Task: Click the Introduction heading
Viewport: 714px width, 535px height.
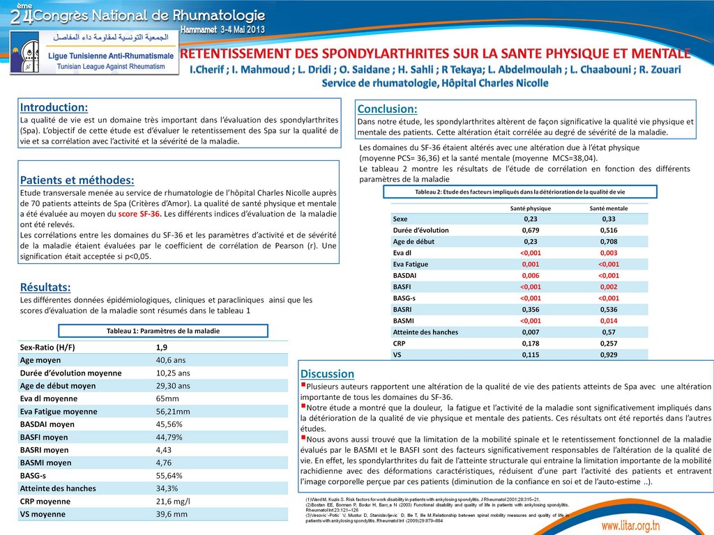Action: pos(54,107)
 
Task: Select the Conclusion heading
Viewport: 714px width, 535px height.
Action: pos(387,109)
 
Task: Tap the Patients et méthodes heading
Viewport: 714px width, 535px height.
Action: pos(77,180)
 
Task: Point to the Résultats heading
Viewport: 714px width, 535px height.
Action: pos(45,287)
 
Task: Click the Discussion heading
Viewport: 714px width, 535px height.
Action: pos(328,374)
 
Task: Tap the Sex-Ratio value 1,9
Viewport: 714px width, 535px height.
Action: pos(162,347)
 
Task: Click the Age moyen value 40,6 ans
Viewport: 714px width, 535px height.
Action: pos(171,360)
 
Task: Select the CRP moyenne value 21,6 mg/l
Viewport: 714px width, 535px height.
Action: pos(176,502)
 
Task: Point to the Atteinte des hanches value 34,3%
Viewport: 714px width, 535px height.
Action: pos(167,488)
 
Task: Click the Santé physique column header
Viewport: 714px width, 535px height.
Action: pos(531,208)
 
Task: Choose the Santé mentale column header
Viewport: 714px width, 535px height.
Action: pos(609,208)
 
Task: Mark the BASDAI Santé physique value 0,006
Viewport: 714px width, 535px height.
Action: pos(531,276)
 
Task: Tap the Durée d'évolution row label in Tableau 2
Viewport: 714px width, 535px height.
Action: pos(421,230)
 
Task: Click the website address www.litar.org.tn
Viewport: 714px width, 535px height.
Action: pos(640,525)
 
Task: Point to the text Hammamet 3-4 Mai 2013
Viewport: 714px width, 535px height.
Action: pos(222,30)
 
